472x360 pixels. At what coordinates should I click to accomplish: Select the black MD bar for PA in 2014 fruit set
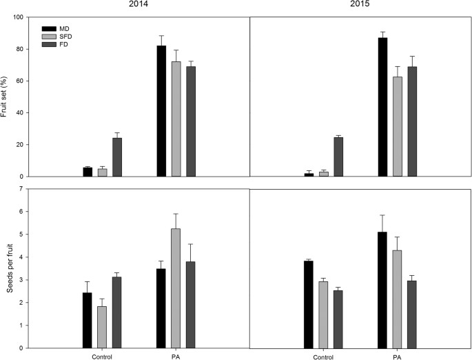pyautogui.click(x=161, y=111)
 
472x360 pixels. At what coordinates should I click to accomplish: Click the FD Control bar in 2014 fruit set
pyautogui.click(x=117, y=157)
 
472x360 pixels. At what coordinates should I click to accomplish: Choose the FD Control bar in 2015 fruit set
pyautogui.click(x=338, y=157)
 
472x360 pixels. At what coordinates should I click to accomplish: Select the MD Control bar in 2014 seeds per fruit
pyautogui.click(x=88, y=321)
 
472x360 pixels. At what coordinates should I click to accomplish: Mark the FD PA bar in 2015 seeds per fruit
pyautogui.click(x=411, y=314)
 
